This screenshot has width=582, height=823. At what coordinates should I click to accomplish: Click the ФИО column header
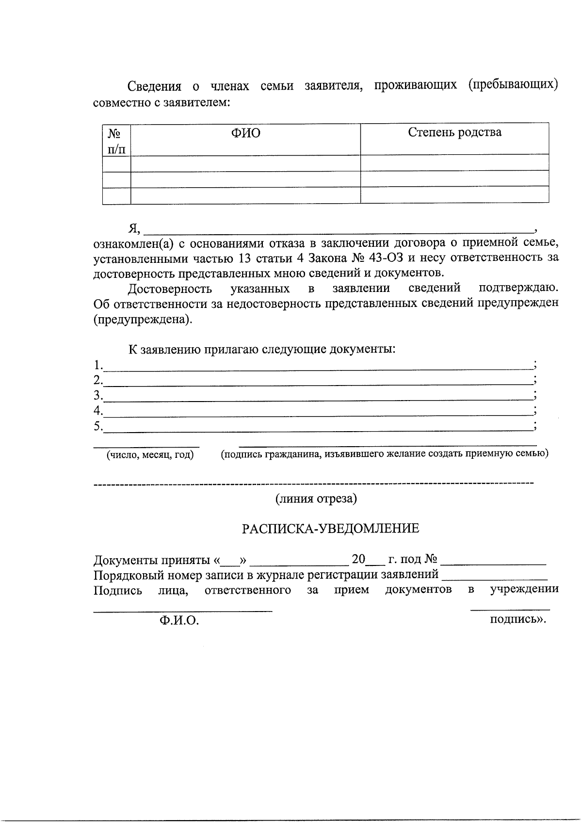point(245,133)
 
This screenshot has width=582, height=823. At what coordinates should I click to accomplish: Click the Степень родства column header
point(454,132)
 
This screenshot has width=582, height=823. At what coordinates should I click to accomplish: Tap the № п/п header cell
point(116,141)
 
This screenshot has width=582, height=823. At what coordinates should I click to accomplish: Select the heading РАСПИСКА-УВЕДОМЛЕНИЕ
point(330,529)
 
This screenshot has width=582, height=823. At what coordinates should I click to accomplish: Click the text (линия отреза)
point(316,499)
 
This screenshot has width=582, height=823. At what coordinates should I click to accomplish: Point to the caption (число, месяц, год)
point(150,455)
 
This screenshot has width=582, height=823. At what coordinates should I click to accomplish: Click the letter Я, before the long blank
point(133,228)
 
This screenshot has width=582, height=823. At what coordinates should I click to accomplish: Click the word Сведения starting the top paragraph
point(154,86)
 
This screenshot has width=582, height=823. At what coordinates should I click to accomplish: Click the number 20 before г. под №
point(358,559)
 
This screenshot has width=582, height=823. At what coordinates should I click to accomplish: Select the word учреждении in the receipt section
point(524,589)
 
